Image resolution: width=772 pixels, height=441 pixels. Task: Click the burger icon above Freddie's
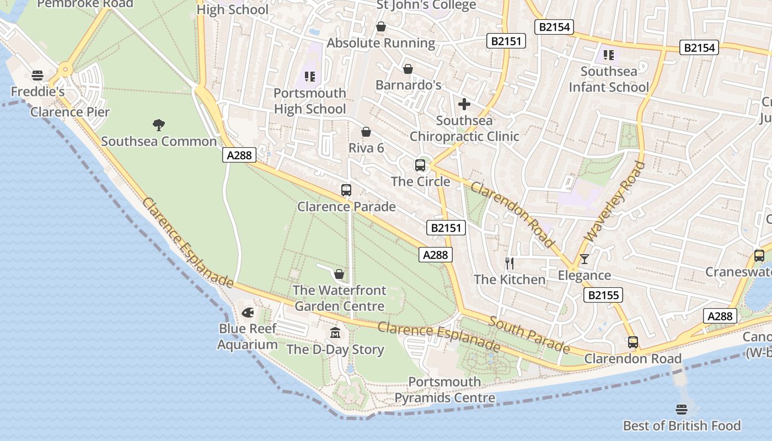37,75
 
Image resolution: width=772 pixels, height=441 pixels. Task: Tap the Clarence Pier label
70,112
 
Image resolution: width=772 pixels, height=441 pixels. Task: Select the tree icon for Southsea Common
159,125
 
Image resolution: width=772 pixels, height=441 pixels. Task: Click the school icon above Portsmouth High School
310,77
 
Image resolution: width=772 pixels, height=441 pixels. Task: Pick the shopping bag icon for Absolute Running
380,26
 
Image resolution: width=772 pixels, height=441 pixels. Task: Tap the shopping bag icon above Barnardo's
408,69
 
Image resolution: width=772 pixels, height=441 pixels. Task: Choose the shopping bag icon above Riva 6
366,132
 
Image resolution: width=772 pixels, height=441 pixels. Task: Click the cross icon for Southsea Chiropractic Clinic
464,104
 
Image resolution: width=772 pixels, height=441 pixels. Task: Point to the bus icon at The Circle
420,165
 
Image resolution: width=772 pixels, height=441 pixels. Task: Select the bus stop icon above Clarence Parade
346,190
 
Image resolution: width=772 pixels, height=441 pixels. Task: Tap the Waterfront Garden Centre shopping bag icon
339,274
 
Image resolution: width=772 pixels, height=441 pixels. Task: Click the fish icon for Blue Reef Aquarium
248,313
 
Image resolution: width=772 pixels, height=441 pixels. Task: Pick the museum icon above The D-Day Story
335,333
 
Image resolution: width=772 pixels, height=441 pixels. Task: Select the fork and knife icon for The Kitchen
510,263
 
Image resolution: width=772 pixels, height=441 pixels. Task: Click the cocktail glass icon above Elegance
585,259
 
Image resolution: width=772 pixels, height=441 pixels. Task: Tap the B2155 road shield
603,295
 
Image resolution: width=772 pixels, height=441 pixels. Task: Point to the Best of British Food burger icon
682,410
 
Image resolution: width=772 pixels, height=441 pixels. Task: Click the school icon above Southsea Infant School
609,55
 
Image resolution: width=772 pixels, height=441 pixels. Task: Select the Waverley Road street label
615,201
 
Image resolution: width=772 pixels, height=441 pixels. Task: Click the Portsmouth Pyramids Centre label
444,390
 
